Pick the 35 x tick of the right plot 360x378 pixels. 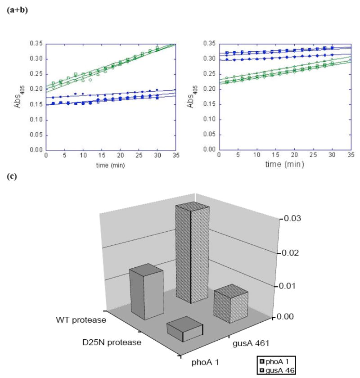pyautogui.click(x=350, y=155)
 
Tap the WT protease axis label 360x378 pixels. pyautogui.click(x=81, y=320)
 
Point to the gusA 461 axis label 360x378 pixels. pyautogui.click(x=252, y=344)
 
